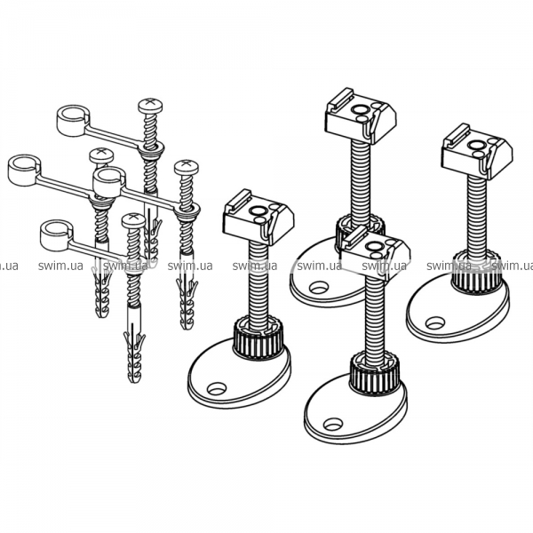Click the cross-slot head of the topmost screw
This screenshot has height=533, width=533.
click(x=150, y=106)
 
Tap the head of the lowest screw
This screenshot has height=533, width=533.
click(x=133, y=220)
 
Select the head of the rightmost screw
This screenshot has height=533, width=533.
click(x=187, y=168)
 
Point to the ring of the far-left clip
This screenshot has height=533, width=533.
click(x=24, y=170)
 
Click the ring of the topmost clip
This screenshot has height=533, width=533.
click(x=73, y=120)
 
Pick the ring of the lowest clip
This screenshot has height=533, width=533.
click(x=56, y=235)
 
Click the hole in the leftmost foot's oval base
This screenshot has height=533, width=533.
click(x=217, y=388)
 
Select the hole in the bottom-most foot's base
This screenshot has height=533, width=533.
click(x=333, y=425)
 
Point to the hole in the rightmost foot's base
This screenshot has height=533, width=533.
click(x=434, y=323)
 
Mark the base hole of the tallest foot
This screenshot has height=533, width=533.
click(x=319, y=287)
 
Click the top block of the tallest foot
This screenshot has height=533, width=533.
click(x=361, y=116)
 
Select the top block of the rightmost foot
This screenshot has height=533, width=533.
click(x=477, y=152)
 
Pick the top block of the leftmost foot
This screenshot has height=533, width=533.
click(x=259, y=218)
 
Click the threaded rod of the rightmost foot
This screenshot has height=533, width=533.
click(x=476, y=214)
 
